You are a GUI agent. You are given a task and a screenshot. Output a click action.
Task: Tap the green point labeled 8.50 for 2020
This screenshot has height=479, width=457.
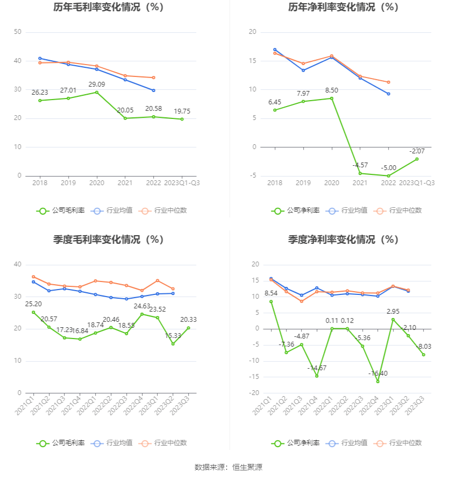coord(332,98)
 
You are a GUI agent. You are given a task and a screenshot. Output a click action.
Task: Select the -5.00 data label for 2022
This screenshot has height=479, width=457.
coord(389,167)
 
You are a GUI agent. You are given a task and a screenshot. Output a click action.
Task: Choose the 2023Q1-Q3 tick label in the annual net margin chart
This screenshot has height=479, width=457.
coord(417,183)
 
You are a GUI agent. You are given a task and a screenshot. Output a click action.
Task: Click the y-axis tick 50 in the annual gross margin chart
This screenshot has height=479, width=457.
coord(18,32)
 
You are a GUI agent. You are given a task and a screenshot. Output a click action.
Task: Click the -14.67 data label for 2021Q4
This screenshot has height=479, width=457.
coord(317,368)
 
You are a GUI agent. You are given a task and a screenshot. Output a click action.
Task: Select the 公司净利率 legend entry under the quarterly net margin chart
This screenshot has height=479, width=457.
coord(296,443)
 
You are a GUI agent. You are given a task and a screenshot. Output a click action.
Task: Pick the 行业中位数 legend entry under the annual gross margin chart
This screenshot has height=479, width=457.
coord(163,210)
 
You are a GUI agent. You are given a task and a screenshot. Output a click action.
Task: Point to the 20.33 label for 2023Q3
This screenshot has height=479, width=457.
coord(189,320)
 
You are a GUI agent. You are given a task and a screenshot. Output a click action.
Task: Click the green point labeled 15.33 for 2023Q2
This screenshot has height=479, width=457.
coord(173,343)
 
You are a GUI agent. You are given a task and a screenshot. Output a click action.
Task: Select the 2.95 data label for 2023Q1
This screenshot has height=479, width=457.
coord(393,312)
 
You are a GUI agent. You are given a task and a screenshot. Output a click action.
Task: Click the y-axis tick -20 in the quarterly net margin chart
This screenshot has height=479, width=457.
coord(255,393)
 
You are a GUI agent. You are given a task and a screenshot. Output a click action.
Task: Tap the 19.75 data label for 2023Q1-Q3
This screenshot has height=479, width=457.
coord(182,111)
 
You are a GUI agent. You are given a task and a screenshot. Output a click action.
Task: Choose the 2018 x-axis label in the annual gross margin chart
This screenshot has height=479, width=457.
coord(40,183)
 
